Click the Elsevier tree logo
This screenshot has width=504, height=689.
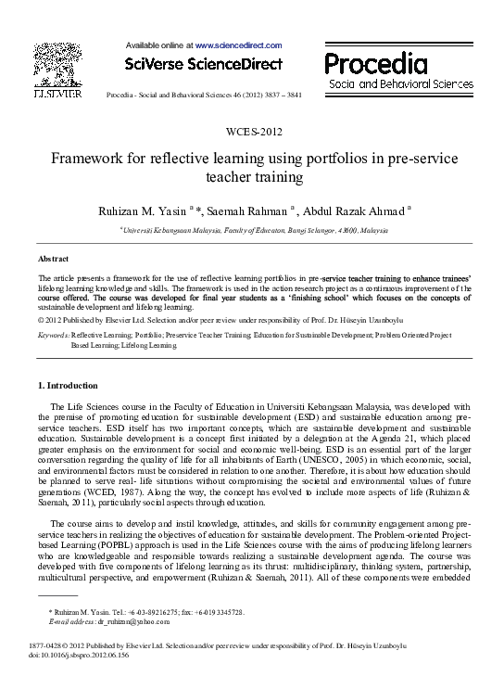pos(54,62)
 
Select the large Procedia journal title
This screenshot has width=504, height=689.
pos(375,63)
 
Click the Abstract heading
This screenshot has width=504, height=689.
pos(54,259)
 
